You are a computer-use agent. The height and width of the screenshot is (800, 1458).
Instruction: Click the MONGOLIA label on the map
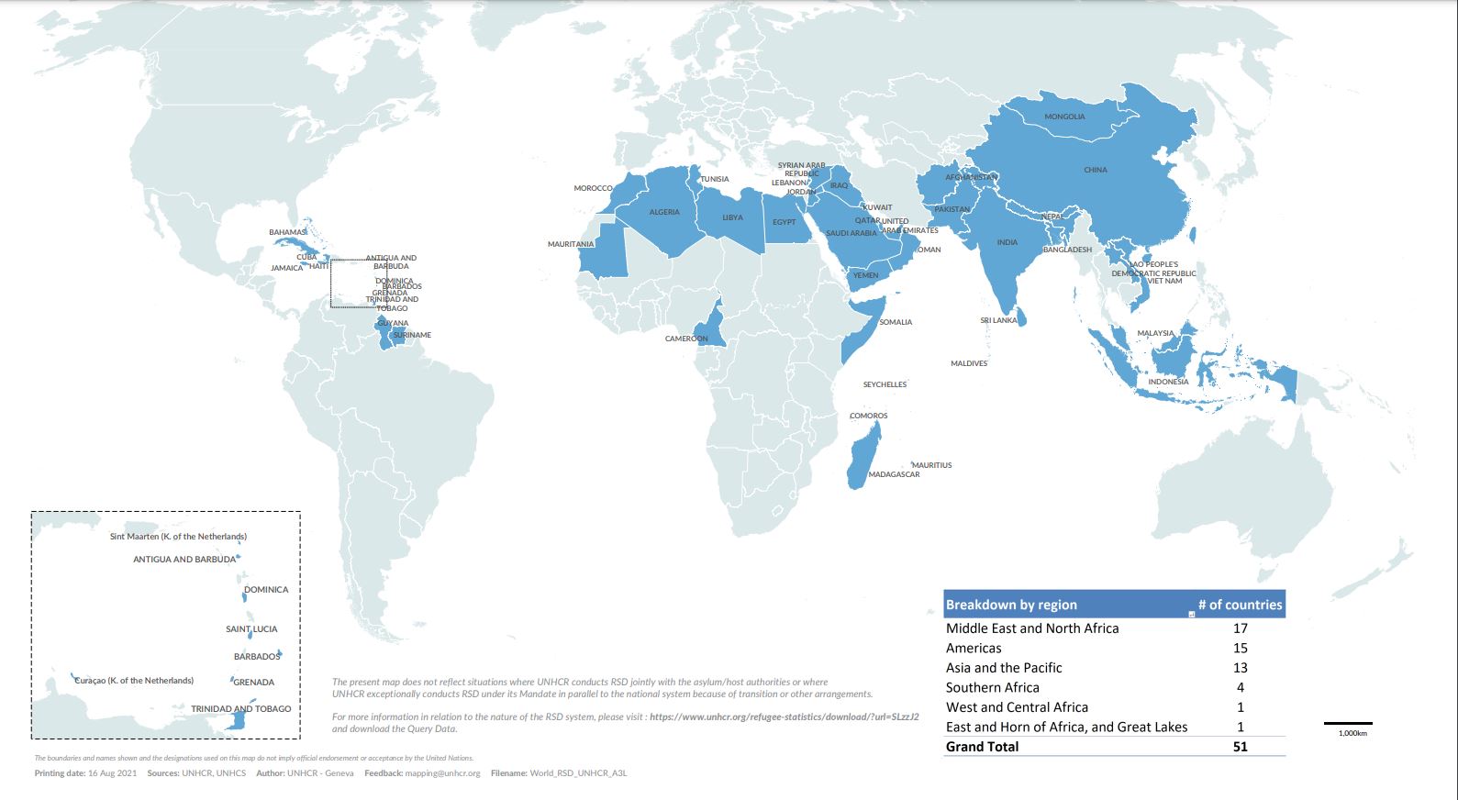click(1064, 117)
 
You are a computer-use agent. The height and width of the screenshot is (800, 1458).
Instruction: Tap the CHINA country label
click(1096, 170)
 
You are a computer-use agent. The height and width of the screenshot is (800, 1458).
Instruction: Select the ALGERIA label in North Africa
click(664, 212)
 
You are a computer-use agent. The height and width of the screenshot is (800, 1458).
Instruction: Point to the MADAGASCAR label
click(894, 474)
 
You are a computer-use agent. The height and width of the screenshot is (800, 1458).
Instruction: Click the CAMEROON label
click(686, 339)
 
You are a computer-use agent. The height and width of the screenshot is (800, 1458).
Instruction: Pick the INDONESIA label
click(1168, 382)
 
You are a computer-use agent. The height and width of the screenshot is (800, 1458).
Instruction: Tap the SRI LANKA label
click(998, 320)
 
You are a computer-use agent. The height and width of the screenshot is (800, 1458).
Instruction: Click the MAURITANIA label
click(571, 244)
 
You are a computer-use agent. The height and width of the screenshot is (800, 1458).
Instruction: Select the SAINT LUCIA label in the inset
click(251, 629)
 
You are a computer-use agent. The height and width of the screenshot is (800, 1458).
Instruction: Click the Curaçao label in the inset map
click(134, 681)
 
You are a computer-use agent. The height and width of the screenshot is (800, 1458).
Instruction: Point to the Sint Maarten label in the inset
click(178, 537)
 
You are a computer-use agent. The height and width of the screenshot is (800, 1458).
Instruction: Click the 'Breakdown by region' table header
click(1011, 605)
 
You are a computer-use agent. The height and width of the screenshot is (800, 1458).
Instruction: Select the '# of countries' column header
click(1240, 605)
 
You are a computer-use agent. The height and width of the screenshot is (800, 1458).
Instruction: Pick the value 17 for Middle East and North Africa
click(1241, 628)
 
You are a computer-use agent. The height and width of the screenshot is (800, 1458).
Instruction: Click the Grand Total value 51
click(1241, 747)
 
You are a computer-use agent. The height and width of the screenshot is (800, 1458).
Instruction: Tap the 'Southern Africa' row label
click(992, 687)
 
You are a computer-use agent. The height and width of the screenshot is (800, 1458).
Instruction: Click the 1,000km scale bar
click(1348, 725)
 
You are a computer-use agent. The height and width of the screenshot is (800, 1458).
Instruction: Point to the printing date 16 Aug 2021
click(112, 773)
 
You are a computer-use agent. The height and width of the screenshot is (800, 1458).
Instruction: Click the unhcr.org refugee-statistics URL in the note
click(784, 717)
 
